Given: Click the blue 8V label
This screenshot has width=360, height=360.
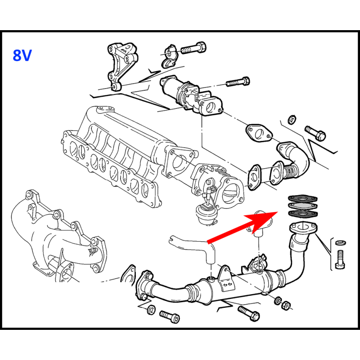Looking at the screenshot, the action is [x=22, y=55].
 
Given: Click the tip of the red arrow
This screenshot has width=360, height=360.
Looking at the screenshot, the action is [x=278, y=211].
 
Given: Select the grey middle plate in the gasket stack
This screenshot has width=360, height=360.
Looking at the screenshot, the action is [x=303, y=206].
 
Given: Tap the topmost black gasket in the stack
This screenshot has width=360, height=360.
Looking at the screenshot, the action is [x=303, y=198].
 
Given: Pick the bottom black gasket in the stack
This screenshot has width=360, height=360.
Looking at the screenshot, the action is [x=303, y=214].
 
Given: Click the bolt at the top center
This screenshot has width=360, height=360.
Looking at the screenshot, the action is [x=193, y=48].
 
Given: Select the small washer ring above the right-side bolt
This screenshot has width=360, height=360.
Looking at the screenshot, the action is [x=292, y=119].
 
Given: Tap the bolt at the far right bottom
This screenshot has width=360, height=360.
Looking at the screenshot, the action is [x=340, y=260].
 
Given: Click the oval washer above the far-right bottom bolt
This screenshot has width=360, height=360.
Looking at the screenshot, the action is [x=341, y=243].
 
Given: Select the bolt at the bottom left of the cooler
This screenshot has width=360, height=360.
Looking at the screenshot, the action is [x=170, y=316].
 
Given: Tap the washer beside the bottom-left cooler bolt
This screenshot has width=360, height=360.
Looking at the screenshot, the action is [x=151, y=310].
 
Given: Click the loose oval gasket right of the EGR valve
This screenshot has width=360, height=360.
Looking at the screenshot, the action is [x=259, y=133].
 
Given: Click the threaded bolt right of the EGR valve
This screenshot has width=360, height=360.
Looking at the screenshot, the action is [x=238, y=82].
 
